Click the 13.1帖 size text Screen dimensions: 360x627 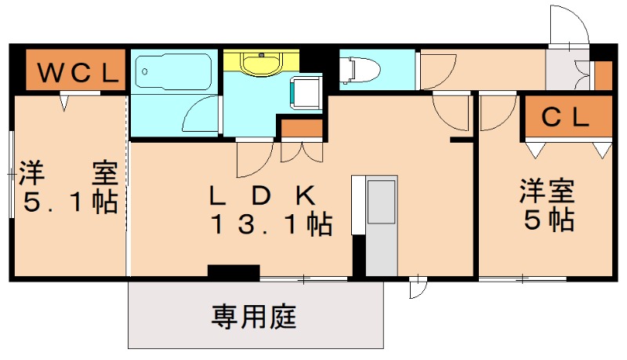tap(270, 226)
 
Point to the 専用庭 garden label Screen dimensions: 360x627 tap(253, 318)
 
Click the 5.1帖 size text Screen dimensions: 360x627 tap(69, 202)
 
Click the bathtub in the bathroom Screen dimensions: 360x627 tap(175, 72)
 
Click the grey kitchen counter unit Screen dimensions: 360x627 tap(382, 226)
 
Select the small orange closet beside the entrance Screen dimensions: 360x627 tap(602, 75)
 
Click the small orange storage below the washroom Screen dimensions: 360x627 tap(302, 127)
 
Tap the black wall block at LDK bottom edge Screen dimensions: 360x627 tap(234, 272)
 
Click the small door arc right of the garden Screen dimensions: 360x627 tap(418, 288)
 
